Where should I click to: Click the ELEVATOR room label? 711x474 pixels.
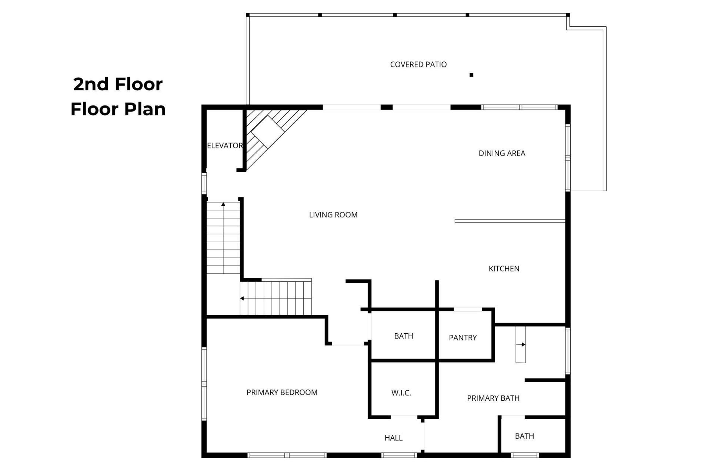225,146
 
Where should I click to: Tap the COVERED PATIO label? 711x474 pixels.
418,64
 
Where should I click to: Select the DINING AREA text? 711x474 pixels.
502,153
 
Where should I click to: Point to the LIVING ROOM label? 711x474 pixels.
333,215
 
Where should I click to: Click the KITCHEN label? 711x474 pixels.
504,269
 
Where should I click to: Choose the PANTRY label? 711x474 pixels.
463,338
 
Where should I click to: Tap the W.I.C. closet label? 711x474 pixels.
401,393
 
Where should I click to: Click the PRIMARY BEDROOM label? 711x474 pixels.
282,393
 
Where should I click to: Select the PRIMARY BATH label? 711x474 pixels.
493,398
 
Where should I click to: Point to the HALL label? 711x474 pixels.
393,438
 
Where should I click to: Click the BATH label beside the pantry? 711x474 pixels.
403,336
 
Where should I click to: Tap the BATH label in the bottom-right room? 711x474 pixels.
524,436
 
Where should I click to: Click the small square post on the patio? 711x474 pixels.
471,75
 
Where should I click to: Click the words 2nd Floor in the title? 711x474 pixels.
118,84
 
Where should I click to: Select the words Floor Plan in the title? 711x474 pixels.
118,109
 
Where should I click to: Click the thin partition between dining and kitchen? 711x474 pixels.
510,221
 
